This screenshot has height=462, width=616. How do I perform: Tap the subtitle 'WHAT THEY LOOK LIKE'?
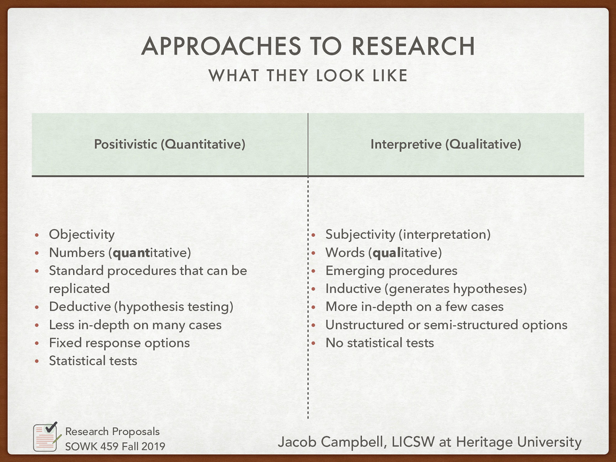pyautogui.click(x=308, y=75)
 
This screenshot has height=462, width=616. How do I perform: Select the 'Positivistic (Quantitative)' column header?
pyautogui.click(x=170, y=144)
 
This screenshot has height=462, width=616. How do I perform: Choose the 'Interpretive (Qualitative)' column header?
pyautogui.click(x=446, y=144)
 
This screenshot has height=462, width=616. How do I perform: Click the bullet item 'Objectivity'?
pyautogui.click(x=82, y=234)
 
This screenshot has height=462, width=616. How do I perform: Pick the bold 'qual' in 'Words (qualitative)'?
pyautogui.click(x=387, y=253)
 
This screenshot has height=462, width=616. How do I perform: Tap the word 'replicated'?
pyautogui.click(x=79, y=289)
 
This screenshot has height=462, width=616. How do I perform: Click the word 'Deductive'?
pyautogui.click(x=80, y=307)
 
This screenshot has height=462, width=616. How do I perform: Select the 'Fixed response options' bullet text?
pyautogui.click(x=119, y=343)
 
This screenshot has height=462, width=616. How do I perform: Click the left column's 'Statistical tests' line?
pyautogui.click(x=93, y=361)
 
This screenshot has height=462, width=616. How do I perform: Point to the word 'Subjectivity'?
pyautogui.click(x=360, y=234)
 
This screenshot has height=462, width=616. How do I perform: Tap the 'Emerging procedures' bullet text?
pyautogui.click(x=391, y=271)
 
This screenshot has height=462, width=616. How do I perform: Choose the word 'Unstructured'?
pyautogui.click(x=365, y=325)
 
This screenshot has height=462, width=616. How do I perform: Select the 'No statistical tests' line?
pyautogui.click(x=380, y=343)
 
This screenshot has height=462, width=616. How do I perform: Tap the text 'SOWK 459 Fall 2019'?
pyautogui.click(x=115, y=446)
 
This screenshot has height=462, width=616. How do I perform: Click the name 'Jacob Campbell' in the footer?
pyautogui.click(x=331, y=442)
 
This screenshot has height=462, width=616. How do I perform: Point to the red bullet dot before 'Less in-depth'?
pyautogui.click(x=37, y=325)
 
